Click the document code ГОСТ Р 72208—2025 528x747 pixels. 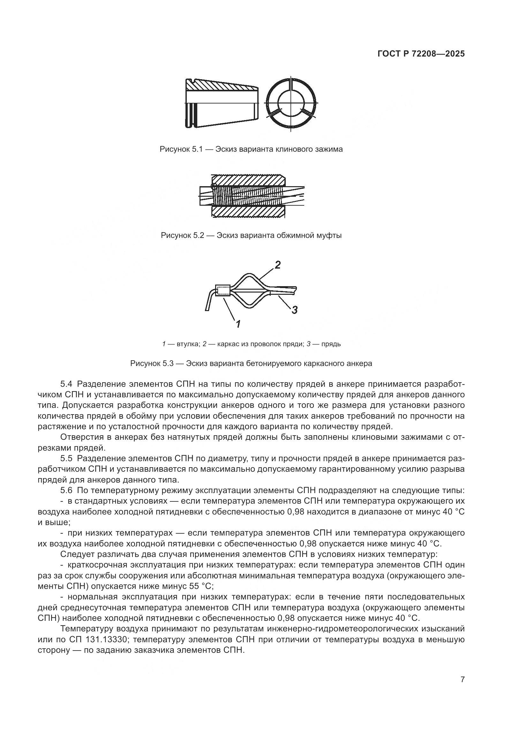(421, 54)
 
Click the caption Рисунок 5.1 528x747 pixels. (251, 149)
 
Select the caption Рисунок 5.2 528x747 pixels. (251, 235)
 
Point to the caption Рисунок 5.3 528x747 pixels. (251, 363)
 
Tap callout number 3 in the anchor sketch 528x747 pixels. (294, 310)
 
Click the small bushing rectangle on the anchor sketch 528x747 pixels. (223, 291)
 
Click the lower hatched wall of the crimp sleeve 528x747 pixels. (248, 212)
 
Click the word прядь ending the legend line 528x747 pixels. (331, 344)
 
